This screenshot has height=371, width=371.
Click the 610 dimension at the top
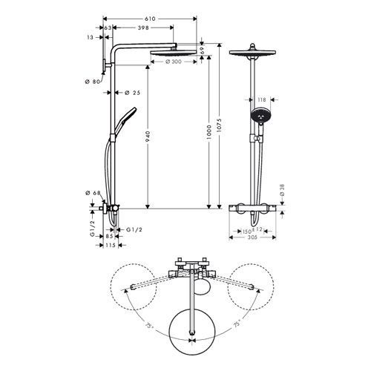click(150, 16)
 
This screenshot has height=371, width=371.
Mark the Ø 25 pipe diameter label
click(132, 93)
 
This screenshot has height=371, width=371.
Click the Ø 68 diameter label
click(93, 194)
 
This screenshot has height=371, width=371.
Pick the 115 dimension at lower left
click(110, 245)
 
